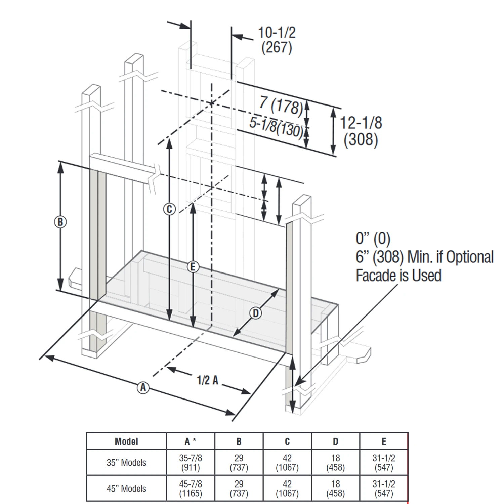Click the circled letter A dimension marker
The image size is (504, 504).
click(x=143, y=387)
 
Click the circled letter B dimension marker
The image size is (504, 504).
click(x=60, y=222)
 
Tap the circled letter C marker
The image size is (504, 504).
click(x=169, y=209)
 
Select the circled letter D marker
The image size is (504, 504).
click(x=256, y=313)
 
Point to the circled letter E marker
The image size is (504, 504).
click(x=193, y=267)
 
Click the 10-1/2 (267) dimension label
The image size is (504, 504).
click(x=277, y=40)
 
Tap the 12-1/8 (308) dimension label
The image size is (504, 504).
click(x=361, y=131)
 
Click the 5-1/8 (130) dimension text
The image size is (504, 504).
click(x=276, y=127)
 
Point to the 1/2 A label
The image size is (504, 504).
click(x=207, y=380)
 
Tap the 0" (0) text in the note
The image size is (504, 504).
click(x=373, y=239)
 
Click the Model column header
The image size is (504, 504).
click(x=126, y=441)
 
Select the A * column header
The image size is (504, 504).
click(x=191, y=441)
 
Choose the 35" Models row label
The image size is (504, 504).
click(x=126, y=463)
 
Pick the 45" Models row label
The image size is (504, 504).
click(x=126, y=489)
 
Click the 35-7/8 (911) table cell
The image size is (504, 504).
click(x=191, y=463)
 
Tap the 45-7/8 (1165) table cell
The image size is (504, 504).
click(x=191, y=489)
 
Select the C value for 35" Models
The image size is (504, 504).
click(x=287, y=463)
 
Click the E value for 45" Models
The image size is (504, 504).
click(x=384, y=489)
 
